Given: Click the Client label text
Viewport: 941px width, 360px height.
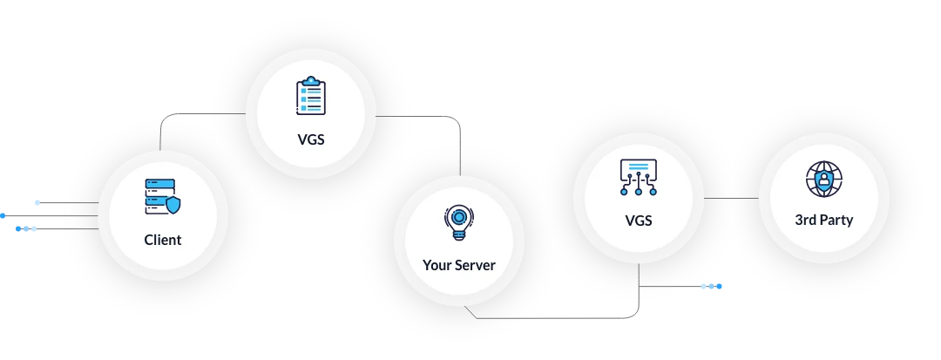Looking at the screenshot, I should [163, 240].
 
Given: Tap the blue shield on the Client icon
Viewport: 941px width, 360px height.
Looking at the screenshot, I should [174, 206].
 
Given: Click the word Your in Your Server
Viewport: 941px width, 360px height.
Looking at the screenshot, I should [438, 265].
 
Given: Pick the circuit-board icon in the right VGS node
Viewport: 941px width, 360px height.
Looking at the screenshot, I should [639, 178].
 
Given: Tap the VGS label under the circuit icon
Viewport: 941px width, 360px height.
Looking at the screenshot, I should [639, 221].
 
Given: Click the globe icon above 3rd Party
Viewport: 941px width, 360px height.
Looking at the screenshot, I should [823, 180].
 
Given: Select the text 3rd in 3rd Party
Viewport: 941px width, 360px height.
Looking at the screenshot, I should [806, 220].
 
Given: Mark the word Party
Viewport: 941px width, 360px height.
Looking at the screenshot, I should [836, 220].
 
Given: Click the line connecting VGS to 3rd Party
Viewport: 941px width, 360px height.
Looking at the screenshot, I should [732, 199].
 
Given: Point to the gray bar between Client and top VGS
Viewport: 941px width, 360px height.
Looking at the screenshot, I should [185, 115].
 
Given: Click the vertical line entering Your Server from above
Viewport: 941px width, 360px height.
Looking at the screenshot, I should [460, 161].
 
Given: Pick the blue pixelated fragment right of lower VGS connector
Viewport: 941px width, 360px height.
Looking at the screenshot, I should [711, 286].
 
